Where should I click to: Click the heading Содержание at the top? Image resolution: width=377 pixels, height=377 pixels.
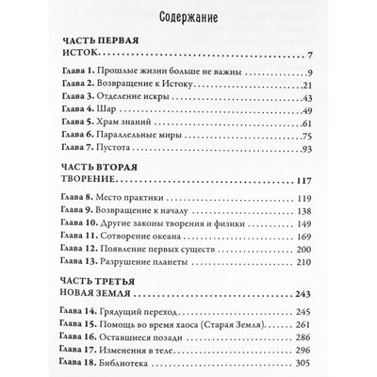188,17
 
